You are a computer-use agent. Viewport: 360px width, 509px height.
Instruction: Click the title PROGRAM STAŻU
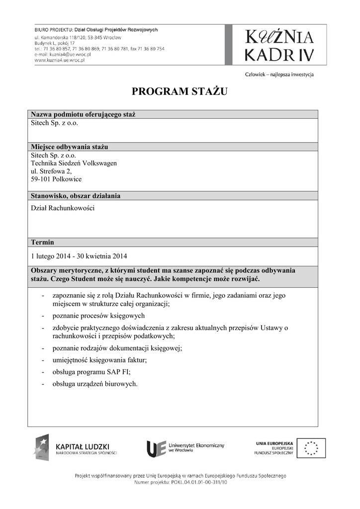[x=180, y=91]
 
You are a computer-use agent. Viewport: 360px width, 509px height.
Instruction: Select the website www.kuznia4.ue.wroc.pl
[x=60, y=60]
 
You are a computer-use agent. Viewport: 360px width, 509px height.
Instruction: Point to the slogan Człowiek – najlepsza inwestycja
[x=279, y=75]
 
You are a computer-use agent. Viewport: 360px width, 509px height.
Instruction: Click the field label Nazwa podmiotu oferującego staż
[x=83, y=114]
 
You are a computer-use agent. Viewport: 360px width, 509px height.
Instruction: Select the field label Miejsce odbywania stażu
[x=69, y=147]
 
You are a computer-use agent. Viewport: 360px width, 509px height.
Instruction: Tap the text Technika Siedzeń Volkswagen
[x=74, y=163]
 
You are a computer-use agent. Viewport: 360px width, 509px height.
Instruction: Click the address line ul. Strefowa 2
[x=51, y=171]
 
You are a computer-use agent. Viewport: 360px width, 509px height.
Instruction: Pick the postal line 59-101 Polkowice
[x=56, y=179]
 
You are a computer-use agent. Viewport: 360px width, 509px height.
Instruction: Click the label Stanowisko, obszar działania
[x=76, y=195]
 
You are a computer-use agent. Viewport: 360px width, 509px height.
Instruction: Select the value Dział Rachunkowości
[x=63, y=208]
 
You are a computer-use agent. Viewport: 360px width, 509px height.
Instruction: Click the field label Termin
[x=42, y=243]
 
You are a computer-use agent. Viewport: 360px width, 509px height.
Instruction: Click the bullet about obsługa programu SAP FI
[x=90, y=372]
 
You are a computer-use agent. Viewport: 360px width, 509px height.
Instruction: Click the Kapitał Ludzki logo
[x=75, y=448]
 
